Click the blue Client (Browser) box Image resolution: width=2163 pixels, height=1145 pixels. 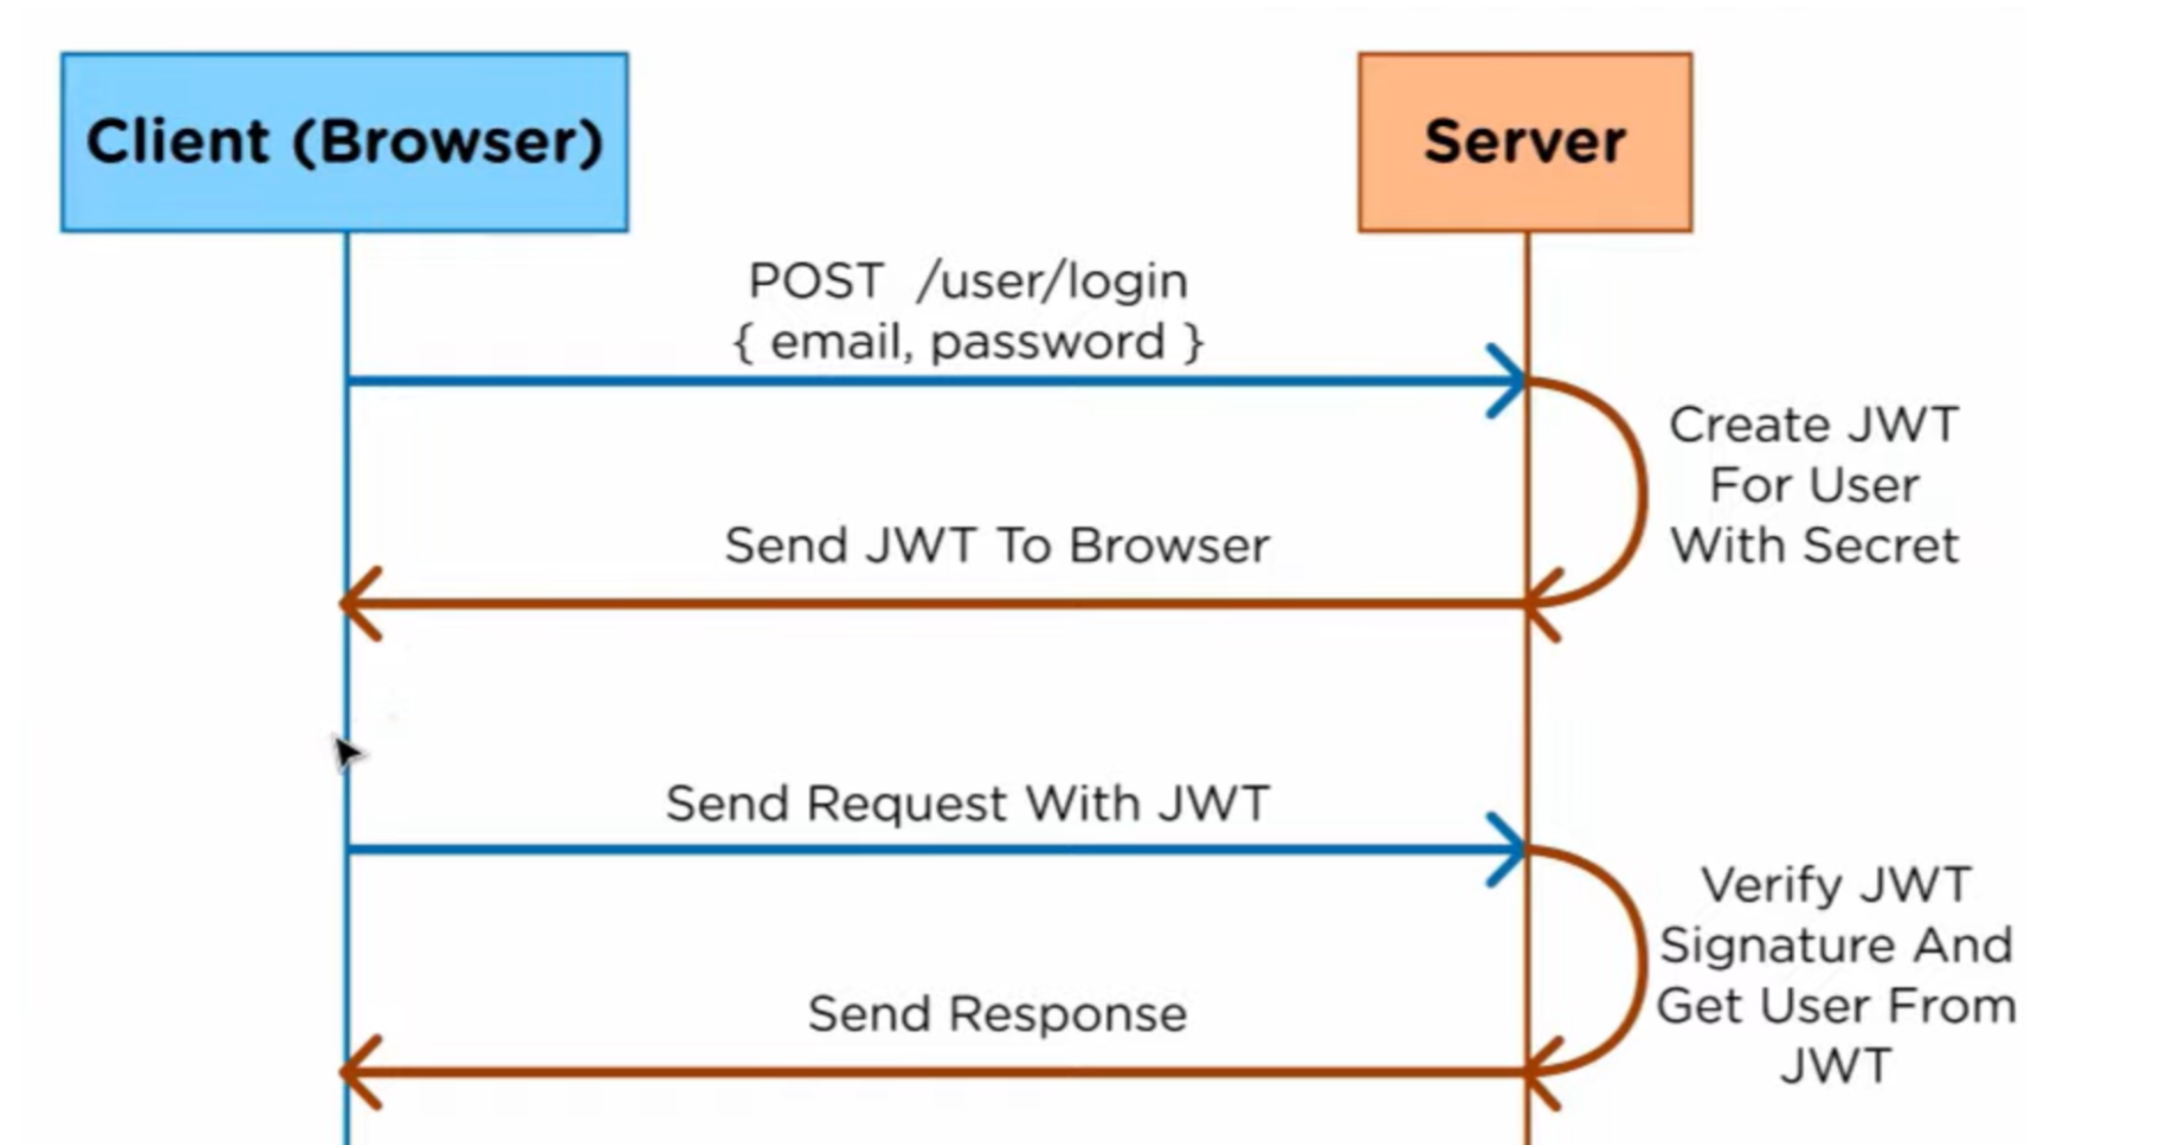344,143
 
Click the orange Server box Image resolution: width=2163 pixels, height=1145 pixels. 1525,143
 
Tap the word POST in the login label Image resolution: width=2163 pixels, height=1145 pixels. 816,282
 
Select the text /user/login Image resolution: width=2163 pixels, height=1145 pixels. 1052,282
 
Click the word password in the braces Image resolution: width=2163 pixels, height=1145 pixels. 1047,343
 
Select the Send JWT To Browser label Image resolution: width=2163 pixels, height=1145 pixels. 997,546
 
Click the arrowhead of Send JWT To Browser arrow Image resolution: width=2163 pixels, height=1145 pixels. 357,604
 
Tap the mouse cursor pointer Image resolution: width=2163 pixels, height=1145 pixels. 345,753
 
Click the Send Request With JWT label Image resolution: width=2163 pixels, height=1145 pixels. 967,804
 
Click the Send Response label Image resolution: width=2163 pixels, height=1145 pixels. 997,1014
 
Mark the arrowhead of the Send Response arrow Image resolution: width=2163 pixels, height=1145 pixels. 357,1072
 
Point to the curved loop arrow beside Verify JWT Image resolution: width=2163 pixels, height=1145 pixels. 1640,961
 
